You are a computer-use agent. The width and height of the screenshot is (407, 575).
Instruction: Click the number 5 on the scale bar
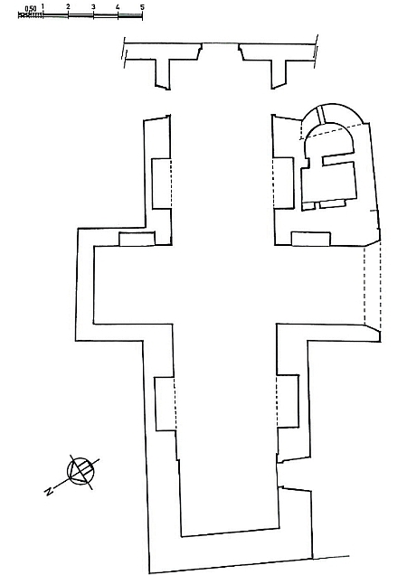tap(142, 7)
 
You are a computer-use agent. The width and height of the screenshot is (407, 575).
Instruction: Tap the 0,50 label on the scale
tap(31, 8)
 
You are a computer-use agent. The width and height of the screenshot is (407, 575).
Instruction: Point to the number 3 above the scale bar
tap(93, 7)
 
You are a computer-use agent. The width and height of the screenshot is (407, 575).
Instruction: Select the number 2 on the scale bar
tap(68, 7)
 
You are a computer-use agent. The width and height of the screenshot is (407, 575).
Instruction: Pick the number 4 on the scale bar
tap(118, 7)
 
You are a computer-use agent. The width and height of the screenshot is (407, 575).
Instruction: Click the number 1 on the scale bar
tap(43, 6)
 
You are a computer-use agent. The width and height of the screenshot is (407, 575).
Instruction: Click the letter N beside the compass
tap(48, 492)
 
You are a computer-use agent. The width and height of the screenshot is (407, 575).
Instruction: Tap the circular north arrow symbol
tap(80, 471)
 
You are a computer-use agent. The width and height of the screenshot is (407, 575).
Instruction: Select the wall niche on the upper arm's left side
tap(162, 184)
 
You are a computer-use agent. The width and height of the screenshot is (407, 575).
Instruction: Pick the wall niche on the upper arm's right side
tap(283, 184)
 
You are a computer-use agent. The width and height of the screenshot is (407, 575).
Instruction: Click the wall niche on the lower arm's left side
tap(166, 403)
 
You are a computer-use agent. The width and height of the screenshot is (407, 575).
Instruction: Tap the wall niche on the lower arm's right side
tap(288, 401)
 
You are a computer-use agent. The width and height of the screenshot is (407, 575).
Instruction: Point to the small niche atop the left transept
tap(137, 239)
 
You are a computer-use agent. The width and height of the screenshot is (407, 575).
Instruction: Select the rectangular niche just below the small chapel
tap(311, 239)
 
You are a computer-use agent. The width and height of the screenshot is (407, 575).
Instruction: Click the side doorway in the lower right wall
tap(295, 476)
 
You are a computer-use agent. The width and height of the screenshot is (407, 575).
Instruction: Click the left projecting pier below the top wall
tap(164, 73)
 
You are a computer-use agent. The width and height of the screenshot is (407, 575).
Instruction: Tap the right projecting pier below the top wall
tap(279, 73)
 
